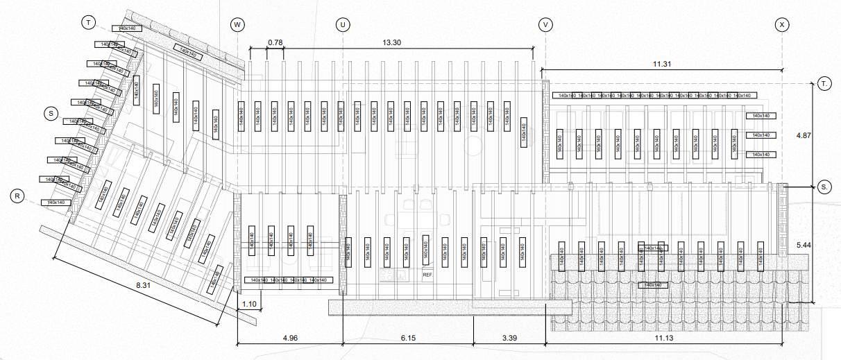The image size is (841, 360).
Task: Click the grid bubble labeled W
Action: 238,25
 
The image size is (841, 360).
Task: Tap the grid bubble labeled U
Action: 343,25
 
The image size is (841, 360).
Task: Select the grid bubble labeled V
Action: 545,25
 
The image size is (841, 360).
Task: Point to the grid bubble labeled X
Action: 783,25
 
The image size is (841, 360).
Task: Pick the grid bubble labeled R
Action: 19,196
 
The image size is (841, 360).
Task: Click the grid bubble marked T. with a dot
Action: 824,83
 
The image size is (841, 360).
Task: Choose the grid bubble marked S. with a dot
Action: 824,187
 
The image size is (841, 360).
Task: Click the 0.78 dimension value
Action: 275,43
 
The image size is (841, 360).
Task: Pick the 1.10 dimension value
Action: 250,305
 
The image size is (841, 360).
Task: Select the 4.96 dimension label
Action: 290,338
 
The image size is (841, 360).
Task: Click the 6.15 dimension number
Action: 409,338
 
